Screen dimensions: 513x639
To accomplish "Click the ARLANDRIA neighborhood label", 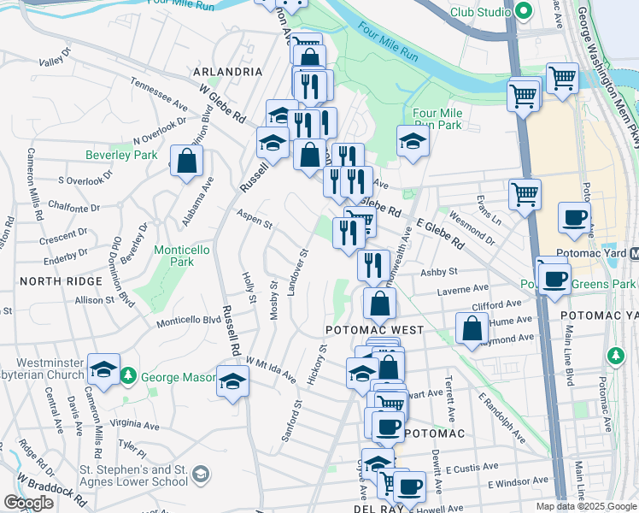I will (227, 72).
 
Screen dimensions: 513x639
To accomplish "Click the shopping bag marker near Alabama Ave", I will (186, 160).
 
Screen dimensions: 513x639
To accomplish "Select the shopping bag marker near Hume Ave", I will (472, 328).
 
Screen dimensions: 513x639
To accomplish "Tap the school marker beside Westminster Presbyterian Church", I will (103, 369).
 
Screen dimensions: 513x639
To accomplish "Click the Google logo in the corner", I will (28, 503).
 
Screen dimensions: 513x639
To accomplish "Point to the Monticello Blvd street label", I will (188, 321).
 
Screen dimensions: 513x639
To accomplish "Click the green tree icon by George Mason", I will (128, 375).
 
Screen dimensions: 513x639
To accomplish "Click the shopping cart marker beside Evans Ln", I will (525, 193).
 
